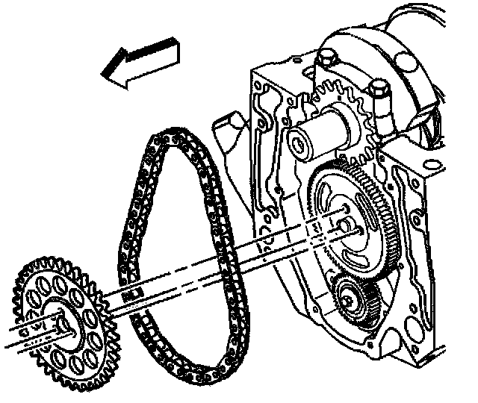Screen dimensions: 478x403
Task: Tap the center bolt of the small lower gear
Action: click(348, 302)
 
